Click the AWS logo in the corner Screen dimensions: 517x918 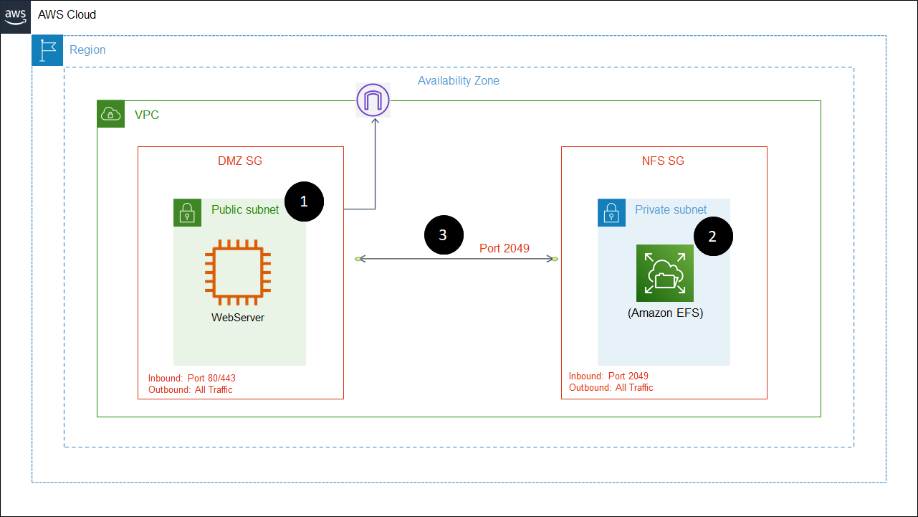pyautogui.click(x=16, y=15)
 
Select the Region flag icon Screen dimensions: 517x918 pyautogui.click(x=47, y=50)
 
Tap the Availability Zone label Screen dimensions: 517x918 pyautogui.click(x=459, y=80)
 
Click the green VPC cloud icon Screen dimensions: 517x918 pyautogui.click(x=111, y=114)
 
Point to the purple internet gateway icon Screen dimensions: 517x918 pyautogui.click(x=373, y=100)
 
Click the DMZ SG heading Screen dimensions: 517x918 pyautogui.click(x=240, y=161)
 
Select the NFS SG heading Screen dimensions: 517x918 pyautogui.click(x=663, y=161)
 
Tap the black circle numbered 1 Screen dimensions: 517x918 pyautogui.click(x=304, y=201)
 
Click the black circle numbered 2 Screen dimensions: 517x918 pyautogui.click(x=712, y=237)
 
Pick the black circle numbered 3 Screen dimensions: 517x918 pyautogui.click(x=443, y=235)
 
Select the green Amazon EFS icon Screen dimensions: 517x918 pyautogui.click(x=665, y=273)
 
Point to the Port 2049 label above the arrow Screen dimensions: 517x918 pyautogui.click(x=505, y=248)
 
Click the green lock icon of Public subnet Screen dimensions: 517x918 pyautogui.click(x=187, y=213)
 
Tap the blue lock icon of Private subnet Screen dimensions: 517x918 pyautogui.click(x=611, y=213)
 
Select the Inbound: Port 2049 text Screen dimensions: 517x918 pyautogui.click(x=608, y=376)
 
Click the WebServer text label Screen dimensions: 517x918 pyautogui.click(x=238, y=317)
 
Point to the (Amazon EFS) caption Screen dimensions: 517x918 pyautogui.click(x=665, y=313)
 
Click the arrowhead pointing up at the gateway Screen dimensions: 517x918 pyautogui.click(x=375, y=123)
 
